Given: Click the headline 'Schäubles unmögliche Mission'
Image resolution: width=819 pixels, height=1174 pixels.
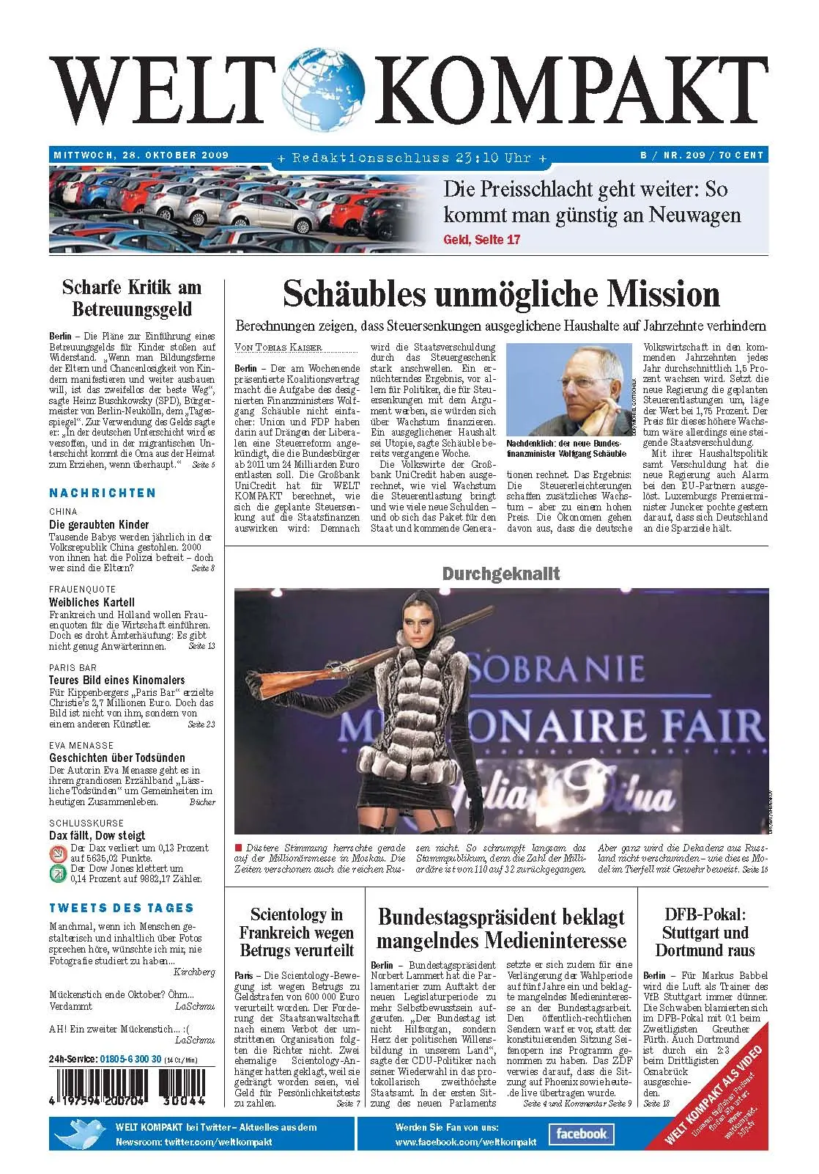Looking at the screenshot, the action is pos(501,294).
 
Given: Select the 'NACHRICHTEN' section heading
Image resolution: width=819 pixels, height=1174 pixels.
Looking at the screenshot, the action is pos(103,493).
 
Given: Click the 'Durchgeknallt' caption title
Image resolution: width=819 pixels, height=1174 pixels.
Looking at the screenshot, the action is pos(501,573).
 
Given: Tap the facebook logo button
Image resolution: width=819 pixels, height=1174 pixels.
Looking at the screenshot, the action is pos(582,1134).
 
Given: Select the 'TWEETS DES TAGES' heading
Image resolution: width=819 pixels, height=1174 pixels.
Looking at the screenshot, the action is pos(122,908).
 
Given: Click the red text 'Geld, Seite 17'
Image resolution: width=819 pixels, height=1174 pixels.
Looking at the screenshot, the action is pos(482,240).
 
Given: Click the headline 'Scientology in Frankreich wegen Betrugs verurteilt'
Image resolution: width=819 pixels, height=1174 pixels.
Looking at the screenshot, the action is pos(297,932).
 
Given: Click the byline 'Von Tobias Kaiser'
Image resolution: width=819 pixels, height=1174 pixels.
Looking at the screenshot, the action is pos(278,347).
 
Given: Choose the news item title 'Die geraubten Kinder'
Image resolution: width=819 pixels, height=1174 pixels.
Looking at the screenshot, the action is pos(99,524).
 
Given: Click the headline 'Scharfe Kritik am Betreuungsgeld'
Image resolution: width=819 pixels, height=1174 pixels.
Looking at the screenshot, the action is pos(132,298).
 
